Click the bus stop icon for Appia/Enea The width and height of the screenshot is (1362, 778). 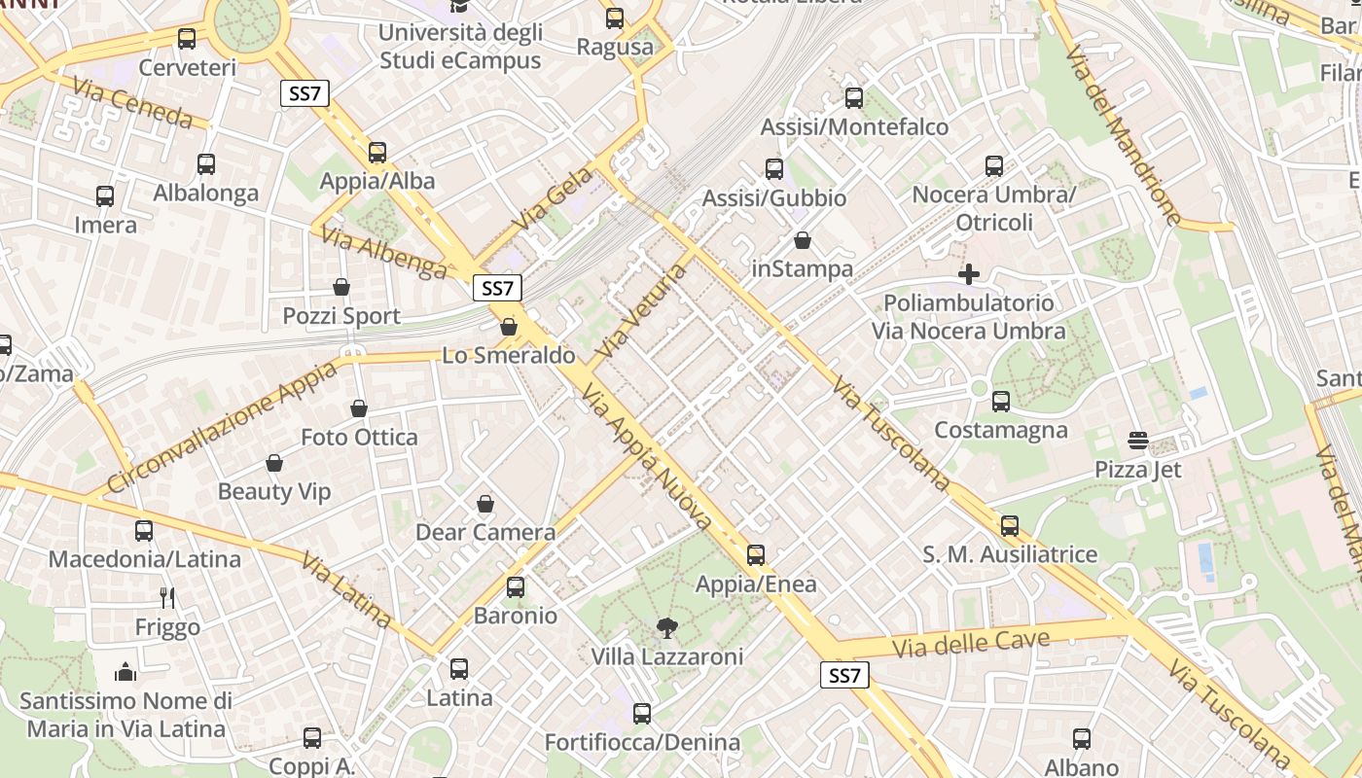point(756,556)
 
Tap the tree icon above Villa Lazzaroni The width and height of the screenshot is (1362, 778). point(666,628)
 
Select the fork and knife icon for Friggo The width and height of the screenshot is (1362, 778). point(167,597)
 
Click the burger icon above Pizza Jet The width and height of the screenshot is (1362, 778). point(1138,441)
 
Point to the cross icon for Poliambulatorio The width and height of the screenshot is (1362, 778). point(969,274)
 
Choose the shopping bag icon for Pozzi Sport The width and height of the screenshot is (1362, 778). point(341,287)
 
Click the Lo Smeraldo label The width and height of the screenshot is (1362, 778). point(509,355)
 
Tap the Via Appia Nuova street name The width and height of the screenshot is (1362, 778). point(647,457)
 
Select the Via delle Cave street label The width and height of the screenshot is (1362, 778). point(971,643)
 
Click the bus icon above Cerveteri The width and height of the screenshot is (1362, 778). point(187,39)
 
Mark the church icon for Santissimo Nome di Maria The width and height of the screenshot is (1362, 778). point(125,672)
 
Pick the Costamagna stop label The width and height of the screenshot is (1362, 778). point(1000,430)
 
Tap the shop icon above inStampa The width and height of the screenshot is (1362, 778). point(803,239)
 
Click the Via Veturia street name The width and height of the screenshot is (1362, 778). point(643,310)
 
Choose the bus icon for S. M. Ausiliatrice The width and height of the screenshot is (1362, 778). point(1010,526)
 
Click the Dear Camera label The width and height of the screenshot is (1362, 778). point(485,532)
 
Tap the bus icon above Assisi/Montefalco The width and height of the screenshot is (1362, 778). point(854,97)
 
